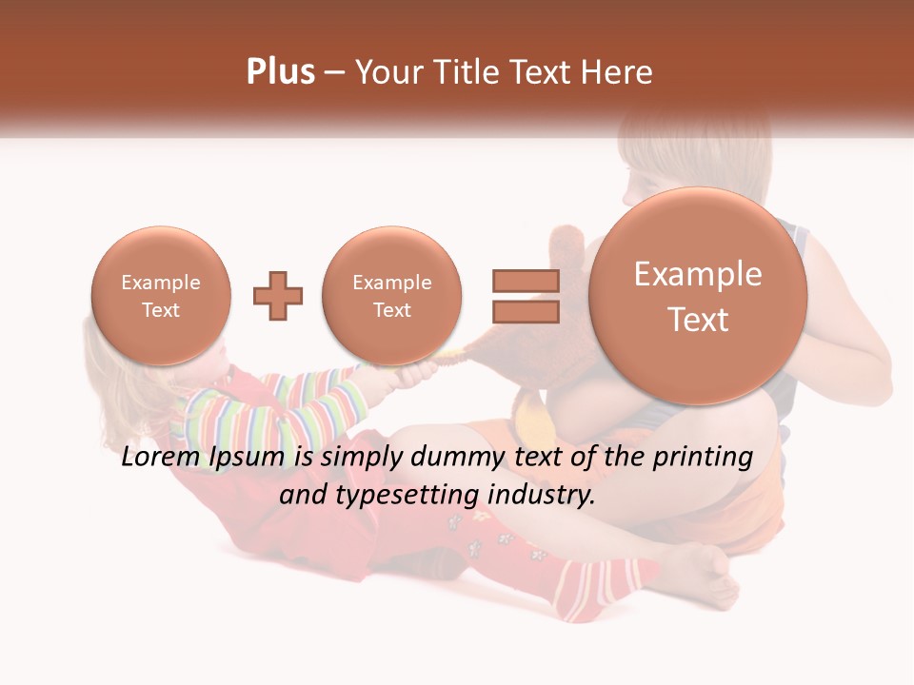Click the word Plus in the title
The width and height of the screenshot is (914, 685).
pos(280,72)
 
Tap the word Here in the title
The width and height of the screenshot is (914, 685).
pos(618,72)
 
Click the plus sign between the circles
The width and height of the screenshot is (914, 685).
pos(278,296)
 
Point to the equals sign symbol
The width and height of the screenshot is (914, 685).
pos(525,295)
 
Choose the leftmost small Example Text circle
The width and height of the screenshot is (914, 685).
pos(160,296)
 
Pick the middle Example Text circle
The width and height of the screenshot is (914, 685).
pos(391,296)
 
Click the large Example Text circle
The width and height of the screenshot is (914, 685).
pos(698,296)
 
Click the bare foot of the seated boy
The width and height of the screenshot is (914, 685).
pos(709,576)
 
